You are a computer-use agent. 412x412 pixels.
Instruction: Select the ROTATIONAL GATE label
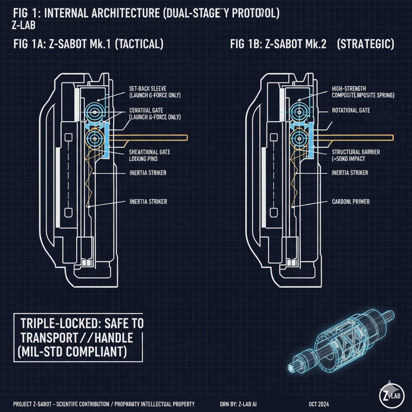351,110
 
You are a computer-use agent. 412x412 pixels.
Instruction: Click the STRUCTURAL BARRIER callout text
356,152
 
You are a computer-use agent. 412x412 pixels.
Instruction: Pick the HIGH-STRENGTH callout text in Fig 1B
349,88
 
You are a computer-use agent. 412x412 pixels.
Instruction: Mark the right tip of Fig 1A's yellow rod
187,138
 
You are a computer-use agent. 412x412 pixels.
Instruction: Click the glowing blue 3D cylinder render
342,338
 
